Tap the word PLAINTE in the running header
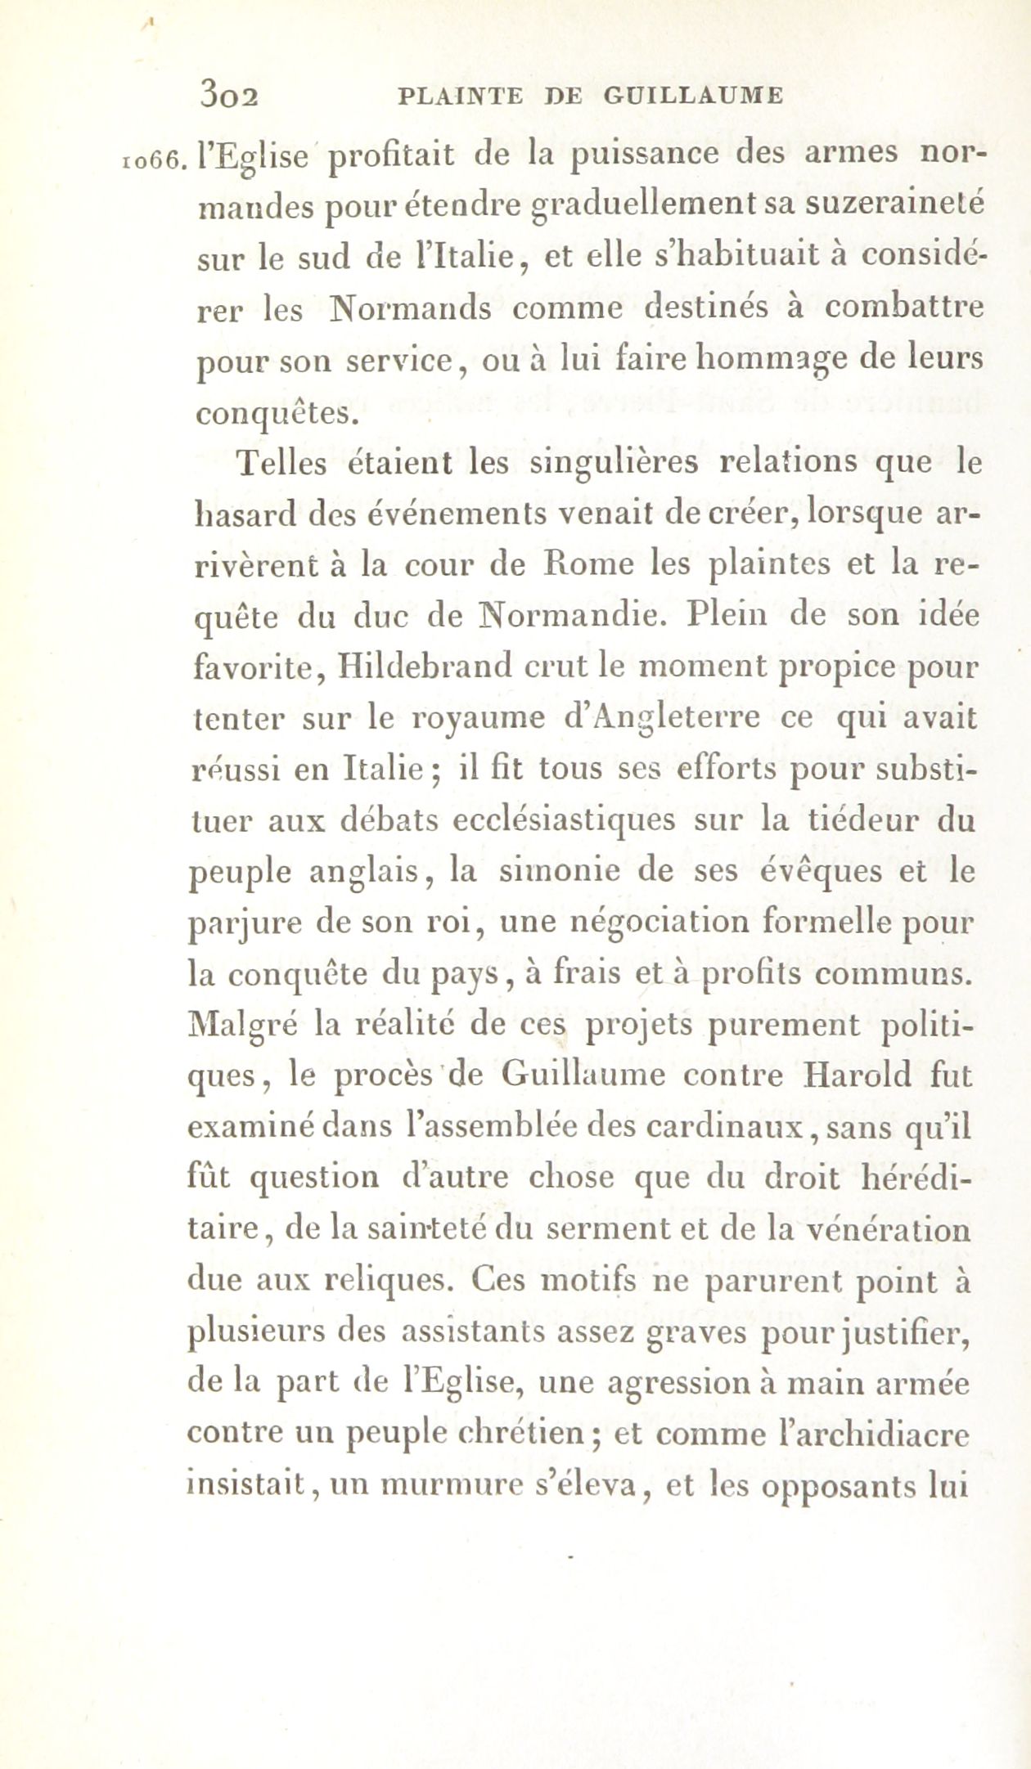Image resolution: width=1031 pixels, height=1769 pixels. [459, 96]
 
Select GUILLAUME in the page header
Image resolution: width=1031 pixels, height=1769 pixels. [693, 96]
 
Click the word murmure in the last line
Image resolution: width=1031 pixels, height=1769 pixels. [448, 1485]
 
